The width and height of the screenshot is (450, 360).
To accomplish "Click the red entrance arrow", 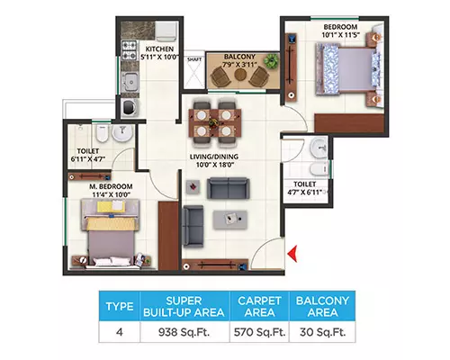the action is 292,254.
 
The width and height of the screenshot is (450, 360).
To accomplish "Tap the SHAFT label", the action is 194,59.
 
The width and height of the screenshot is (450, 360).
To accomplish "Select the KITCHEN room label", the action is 159,49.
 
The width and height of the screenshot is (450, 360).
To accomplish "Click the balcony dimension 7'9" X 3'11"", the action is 238,64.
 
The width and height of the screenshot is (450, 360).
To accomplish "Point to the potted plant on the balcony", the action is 271,61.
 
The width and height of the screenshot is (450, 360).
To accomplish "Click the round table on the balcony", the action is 240,75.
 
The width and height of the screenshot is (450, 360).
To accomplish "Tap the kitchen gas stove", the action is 129,49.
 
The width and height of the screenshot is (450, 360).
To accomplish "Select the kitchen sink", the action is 130,81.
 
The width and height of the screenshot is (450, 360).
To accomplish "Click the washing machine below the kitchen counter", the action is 130,107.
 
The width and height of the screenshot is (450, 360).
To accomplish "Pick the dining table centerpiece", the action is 214,122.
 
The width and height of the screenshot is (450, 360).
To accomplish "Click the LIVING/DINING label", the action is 214,157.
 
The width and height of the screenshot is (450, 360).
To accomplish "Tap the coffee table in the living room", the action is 230,220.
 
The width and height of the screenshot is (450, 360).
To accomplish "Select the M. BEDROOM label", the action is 111,186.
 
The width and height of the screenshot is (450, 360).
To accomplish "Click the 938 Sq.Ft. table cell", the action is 184,332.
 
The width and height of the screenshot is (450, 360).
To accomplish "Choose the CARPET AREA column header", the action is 259,306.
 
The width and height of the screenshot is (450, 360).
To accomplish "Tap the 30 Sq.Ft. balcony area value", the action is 323,332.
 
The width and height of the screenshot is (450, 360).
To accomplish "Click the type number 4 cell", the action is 120,332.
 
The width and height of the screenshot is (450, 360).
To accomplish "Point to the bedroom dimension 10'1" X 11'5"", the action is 341,35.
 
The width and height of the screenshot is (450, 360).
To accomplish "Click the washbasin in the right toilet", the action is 319,148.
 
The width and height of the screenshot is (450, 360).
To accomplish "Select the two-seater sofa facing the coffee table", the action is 229,189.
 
